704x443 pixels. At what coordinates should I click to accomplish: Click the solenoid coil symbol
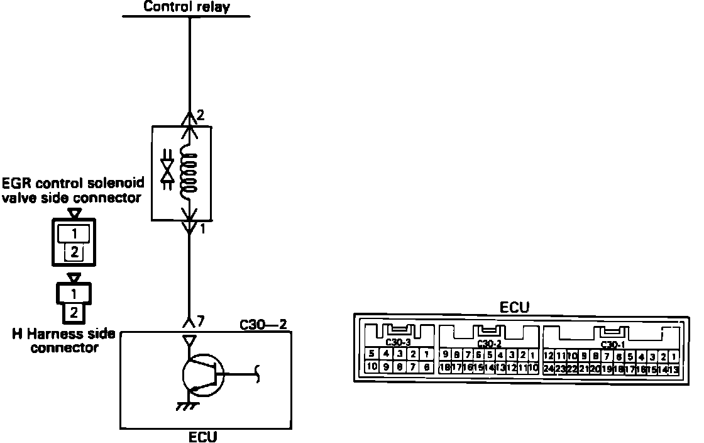point(188,172)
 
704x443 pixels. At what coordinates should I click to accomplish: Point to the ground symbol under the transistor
point(186,406)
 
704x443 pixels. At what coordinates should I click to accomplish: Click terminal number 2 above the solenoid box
point(200,115)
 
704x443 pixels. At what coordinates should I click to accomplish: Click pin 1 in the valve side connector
point(74,233)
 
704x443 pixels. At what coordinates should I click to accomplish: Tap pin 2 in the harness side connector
point(74,311)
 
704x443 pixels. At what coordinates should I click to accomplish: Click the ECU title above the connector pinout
point(514,307)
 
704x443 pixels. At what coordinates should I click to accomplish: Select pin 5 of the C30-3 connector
point(372,355)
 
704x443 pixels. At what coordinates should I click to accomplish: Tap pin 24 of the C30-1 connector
point(549,368)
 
